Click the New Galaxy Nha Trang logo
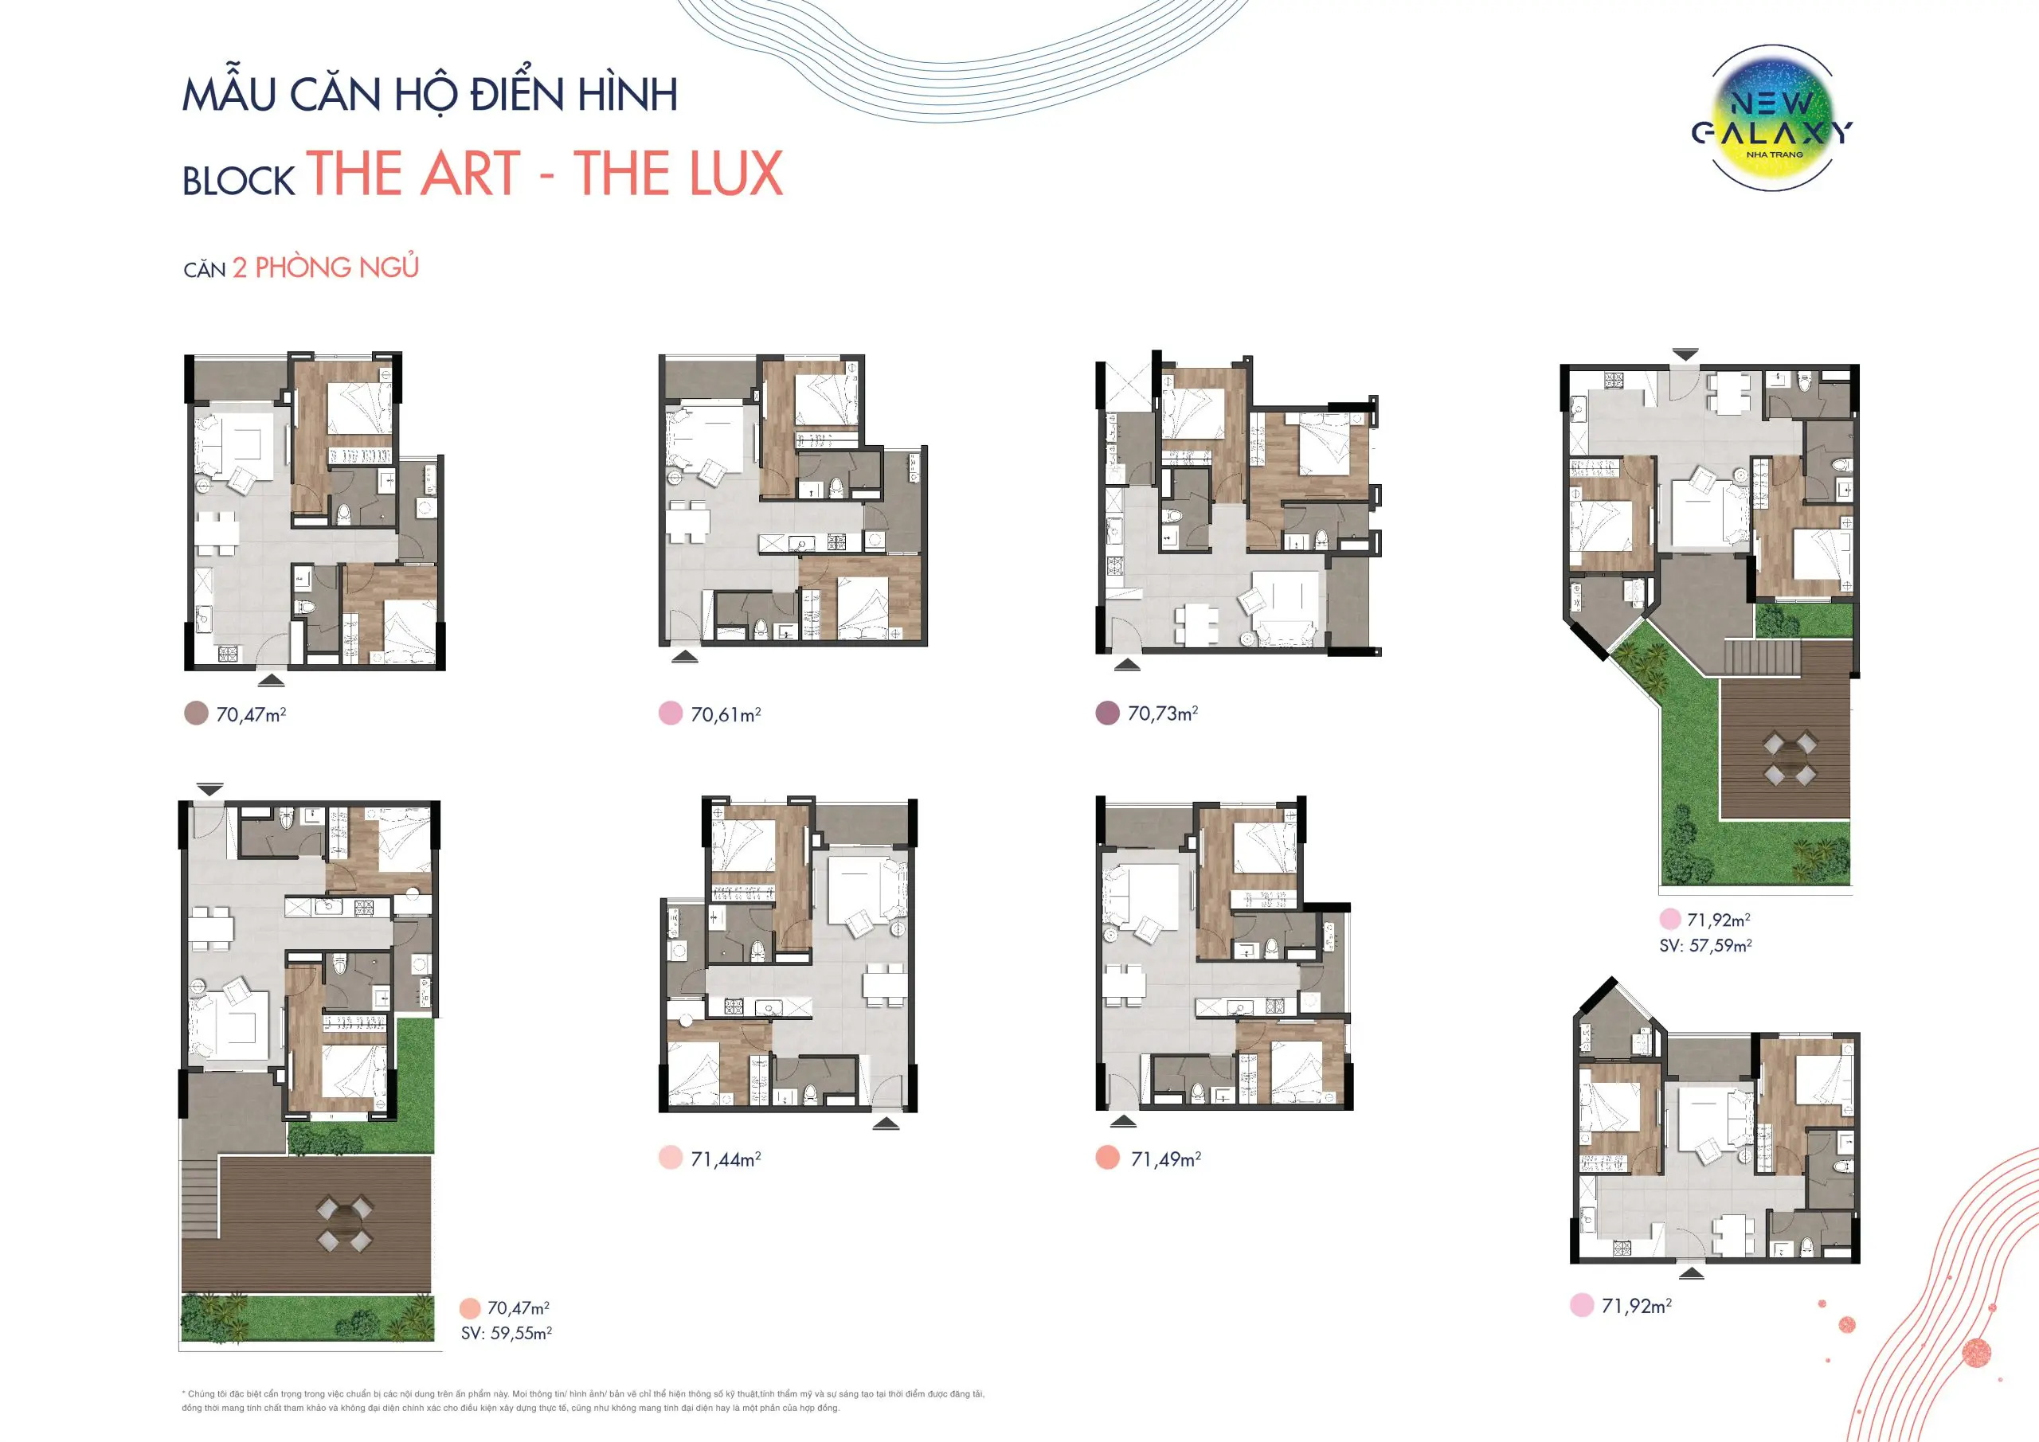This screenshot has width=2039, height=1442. click(x=1773, y=119)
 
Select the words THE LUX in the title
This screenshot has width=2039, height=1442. click(x=679, y=174)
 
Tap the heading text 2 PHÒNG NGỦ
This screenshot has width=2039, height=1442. click(x=325, y=268)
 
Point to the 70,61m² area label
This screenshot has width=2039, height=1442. click(x=726, y=714)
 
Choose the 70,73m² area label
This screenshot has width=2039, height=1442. click(x=1163, y=713)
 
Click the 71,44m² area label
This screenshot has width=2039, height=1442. click(x=726, y=1159)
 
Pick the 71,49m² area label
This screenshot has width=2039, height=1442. click(x=1165, y=1159)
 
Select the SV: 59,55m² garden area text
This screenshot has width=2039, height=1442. click(x=507, y=1333)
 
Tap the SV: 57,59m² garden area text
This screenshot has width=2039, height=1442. click(x=1705, y=946)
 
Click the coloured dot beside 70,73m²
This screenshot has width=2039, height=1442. click(x=1107, y=713)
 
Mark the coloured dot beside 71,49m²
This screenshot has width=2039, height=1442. click(x=1107, y=1158)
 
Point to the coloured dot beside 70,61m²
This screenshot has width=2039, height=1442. click(x=671, y=713)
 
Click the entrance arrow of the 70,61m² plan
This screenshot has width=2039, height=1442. click(x=685, y=657)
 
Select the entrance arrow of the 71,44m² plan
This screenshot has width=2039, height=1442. click(x=886, y=1124)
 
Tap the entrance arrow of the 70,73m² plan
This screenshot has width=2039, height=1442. click(x=1127, y=664)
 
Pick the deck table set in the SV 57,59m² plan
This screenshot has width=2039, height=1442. click(x=1790, y=757)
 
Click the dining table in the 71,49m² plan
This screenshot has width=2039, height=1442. click(x=1123, y=985)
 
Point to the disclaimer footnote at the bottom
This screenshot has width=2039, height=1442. click(x=582, y=1401)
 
